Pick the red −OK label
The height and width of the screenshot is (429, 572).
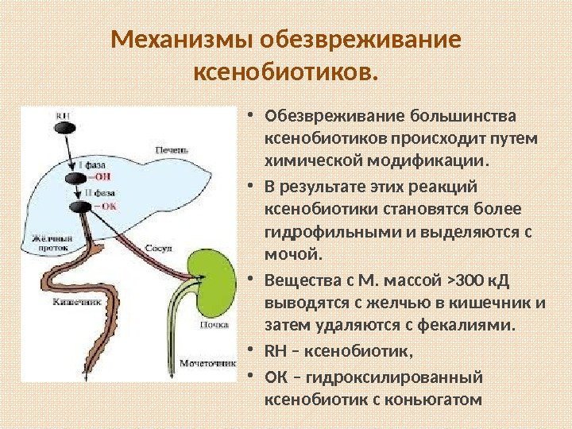[x=104, y=205]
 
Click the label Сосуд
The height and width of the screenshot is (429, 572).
[x=157, y=248]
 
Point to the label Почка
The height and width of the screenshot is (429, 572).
[x=214, y=325]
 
